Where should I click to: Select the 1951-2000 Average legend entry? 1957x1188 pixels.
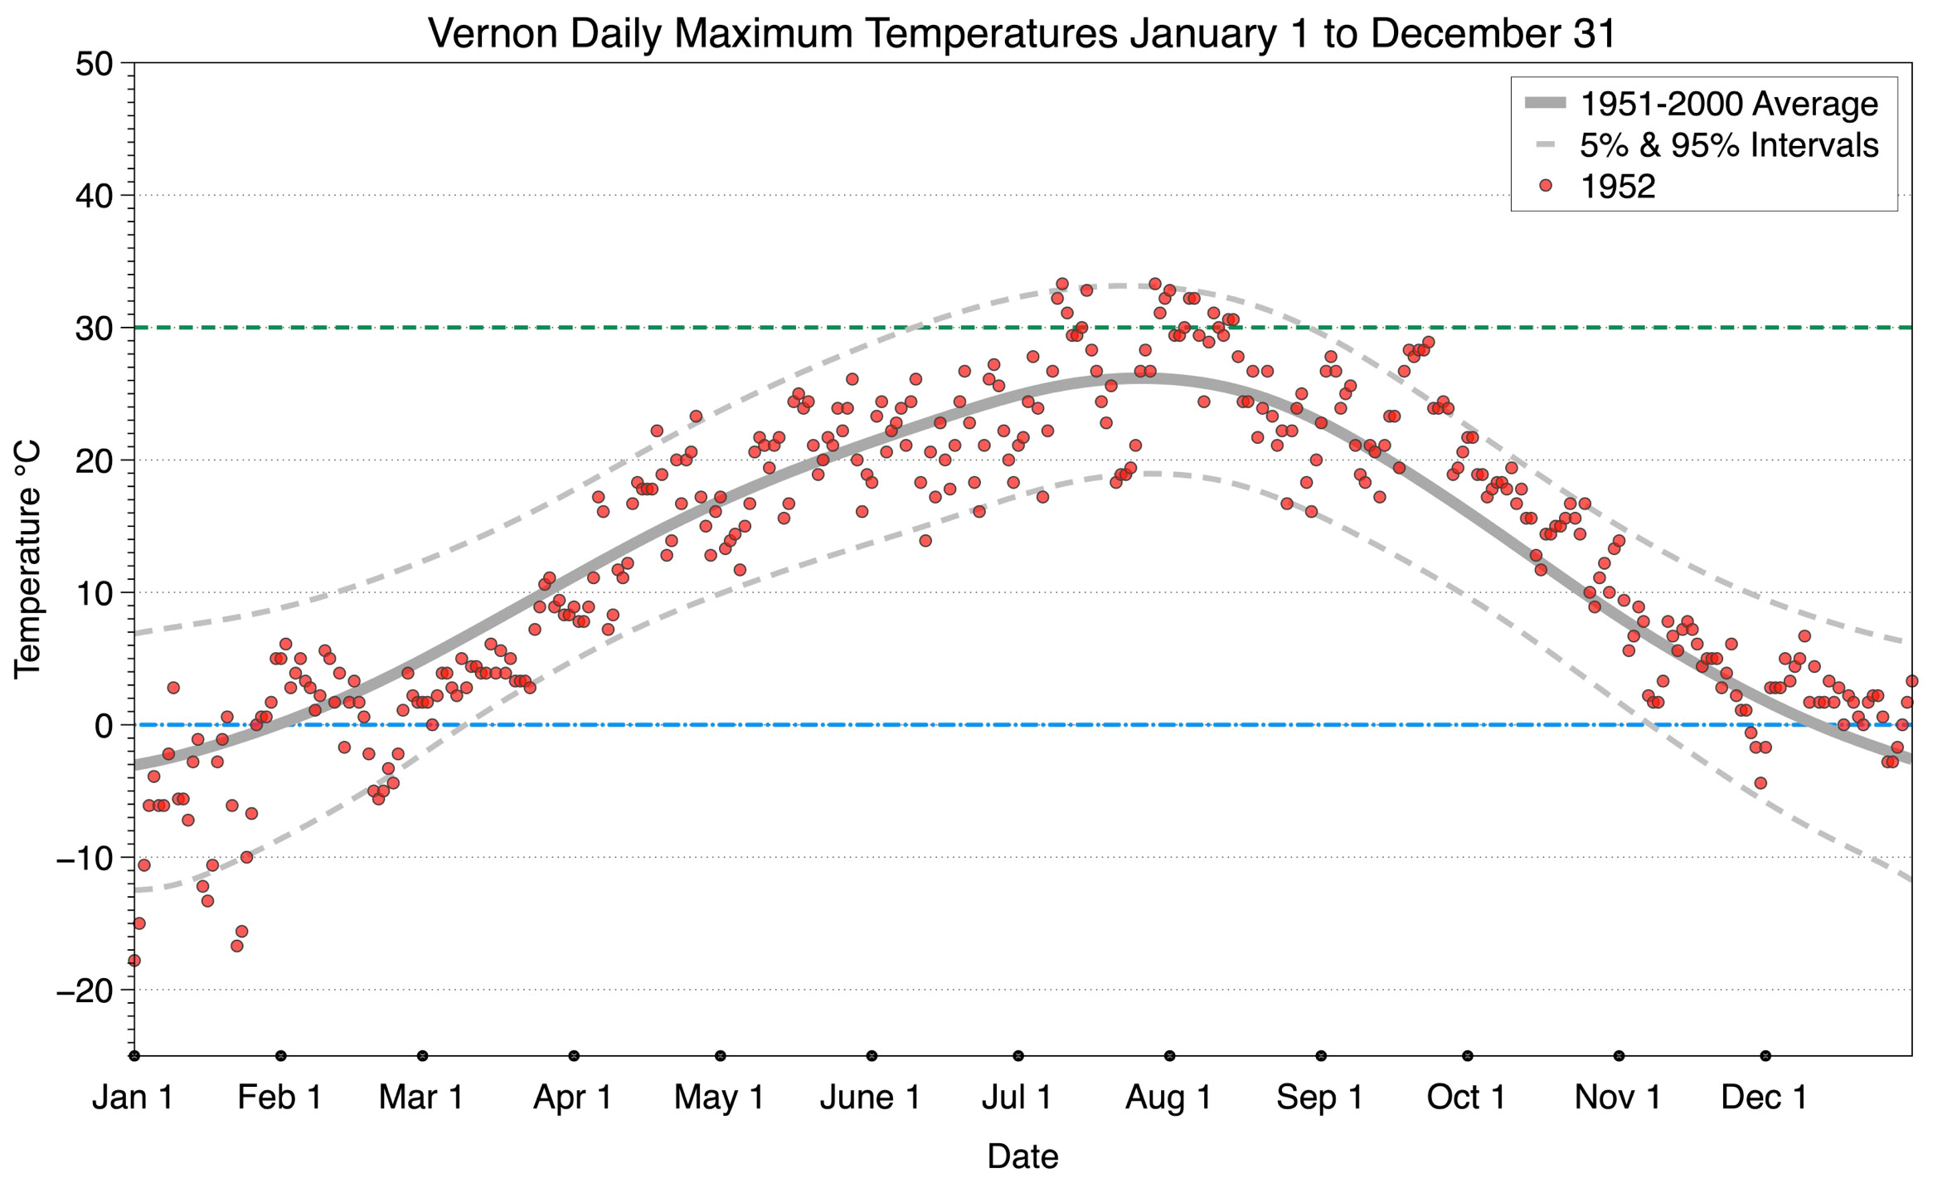tap(1728, 105)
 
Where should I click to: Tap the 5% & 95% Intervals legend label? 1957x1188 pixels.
tap(1728, 145)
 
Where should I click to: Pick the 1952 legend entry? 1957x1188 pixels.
tap(1617, 187)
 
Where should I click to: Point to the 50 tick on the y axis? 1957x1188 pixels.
tap(94, 65)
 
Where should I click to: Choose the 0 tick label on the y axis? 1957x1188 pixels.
tap(104, 726)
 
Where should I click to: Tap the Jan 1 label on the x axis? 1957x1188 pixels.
tap(133, 1098)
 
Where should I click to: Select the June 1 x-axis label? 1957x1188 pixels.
tap(870, 1098)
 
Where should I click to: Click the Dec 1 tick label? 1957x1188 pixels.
tap(1764, 1098)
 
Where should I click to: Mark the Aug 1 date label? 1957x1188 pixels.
tap(1168, 1098)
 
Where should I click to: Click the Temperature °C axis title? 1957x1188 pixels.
tap(27, 559)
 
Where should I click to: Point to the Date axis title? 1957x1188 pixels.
tap(1022, 1156)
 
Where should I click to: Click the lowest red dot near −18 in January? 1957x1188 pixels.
tap(134, 961)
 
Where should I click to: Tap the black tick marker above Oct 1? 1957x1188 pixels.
tap(1468, 1056)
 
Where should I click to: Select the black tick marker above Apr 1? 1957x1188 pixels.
tap(574, 1056)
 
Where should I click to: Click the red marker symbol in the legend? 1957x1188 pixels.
tap(1545, 186)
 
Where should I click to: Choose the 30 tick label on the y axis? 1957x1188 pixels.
tap(94, 329)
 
